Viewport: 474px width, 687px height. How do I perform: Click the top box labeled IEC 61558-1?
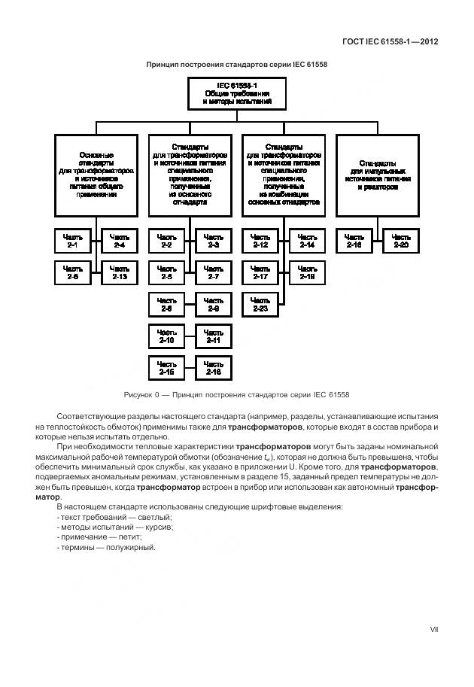(x=236, y=93)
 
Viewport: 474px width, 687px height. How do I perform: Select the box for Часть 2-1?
(x=73, y=241)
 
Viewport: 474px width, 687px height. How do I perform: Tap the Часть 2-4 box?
(x=120, y=241)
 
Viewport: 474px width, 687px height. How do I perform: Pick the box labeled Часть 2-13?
(x=120, y=272)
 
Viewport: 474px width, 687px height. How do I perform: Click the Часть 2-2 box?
(x=166, y=241)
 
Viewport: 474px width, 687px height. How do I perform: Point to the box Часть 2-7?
(x=213, y=272)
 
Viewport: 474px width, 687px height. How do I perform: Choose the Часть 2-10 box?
(x=166, y=336)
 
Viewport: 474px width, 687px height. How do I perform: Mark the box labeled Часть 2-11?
(x=213, y=336)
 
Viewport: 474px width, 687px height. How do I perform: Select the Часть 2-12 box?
(x=260, y=241)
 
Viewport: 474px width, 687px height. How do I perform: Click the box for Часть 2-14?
(x=307, y=241)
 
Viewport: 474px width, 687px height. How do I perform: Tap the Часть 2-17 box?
(x=260, y=272)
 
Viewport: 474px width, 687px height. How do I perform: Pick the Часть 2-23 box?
(x=260, y=304)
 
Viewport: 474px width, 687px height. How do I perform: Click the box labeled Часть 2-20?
(x=400, y=241)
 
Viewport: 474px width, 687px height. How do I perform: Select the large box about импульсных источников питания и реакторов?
(x=377, y=175)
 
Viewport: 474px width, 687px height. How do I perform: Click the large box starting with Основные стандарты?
(x=96, y=175)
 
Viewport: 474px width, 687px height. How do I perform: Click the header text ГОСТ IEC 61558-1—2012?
(x=384, y=41)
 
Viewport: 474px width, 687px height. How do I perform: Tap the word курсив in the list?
(x=158, y=527)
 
